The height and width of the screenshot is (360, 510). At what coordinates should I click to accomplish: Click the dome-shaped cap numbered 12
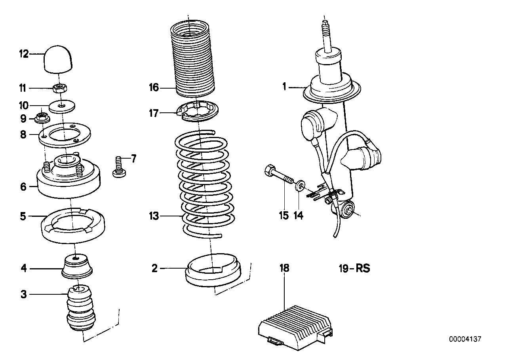pyautogui.click(x=59, y=59)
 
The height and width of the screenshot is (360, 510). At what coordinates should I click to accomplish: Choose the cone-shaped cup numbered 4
pyautogui.click(x=78, y=265)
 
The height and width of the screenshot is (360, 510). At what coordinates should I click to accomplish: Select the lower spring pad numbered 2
pyautogui.click(x=213, y=271)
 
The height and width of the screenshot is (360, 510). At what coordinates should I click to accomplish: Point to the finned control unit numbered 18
pyautogui.click(x=295, y=320)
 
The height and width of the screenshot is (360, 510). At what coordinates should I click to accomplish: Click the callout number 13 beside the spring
pyautogui.click(x=154, y=216)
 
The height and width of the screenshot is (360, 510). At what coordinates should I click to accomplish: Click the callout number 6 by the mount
pyautogui.click(x=23, y=186)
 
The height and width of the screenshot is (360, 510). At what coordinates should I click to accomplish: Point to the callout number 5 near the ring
pyautogui.click(x=23, y=216)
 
